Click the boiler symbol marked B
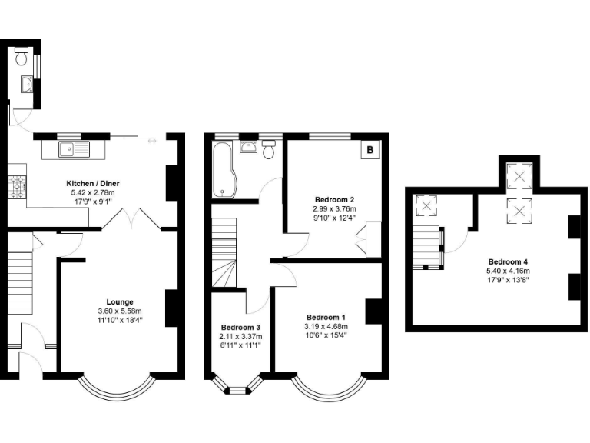[x=370, y=150]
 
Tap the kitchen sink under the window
[x=75, y=147]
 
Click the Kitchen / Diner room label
[x=92, y=183]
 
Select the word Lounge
[x=119, y=301]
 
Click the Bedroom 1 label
[x=326, y=317]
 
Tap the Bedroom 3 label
[x=241, y=326]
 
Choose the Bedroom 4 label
[x=507, y=261]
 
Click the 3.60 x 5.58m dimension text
[x=119, y=311]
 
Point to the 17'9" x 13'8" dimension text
[x=507, y=280]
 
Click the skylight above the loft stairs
[x=426, y=206]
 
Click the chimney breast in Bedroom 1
[x=373, y=311]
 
